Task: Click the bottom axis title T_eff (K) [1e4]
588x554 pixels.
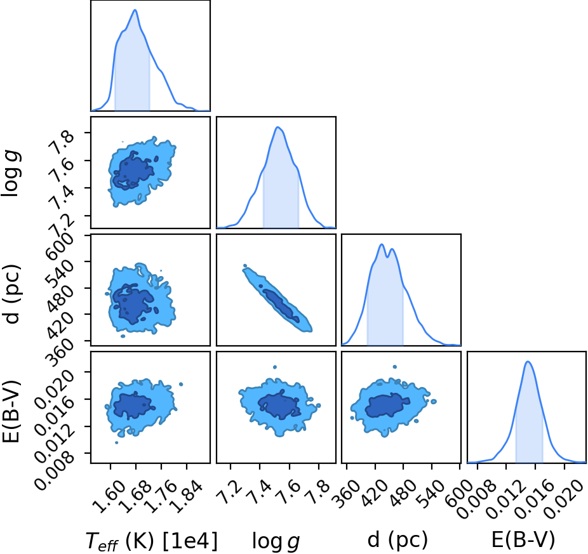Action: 152,541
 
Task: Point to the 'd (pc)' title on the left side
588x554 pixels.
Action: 12,294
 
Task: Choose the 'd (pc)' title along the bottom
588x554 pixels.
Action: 398,540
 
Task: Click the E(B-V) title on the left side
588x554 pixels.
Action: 11,411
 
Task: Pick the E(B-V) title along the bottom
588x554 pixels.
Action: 523,540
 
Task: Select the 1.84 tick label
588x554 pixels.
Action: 186,496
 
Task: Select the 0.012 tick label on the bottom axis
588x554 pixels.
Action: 504,499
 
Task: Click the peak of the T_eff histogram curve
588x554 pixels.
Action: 135,10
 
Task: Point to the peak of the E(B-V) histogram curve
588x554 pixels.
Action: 528,361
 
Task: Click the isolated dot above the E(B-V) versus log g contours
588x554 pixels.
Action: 275,367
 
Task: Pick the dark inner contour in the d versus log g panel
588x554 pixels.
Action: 281,305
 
